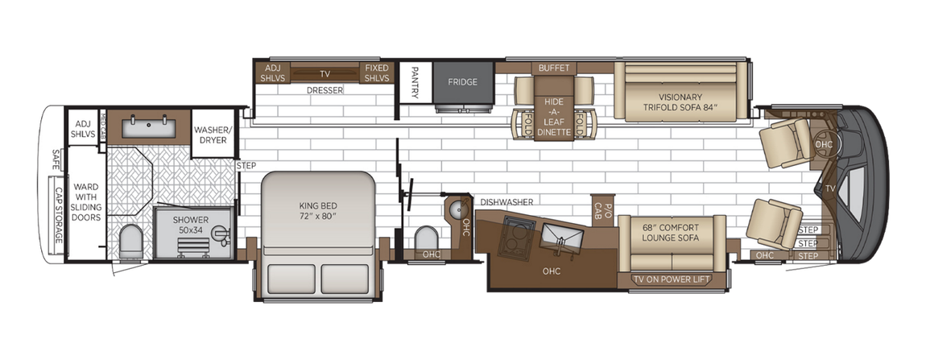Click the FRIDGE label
(x=464, y=82)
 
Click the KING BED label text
(x=317, y=211)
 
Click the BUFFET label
(x=553, y=67)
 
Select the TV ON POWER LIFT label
(x=672, y=280)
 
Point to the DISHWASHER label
(x=506, y=201)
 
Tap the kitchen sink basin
(x=560, y=235)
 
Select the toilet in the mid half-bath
(x=427, y=238)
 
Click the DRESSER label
(x=325, y=90)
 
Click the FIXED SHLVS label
(x=376, y=73)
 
